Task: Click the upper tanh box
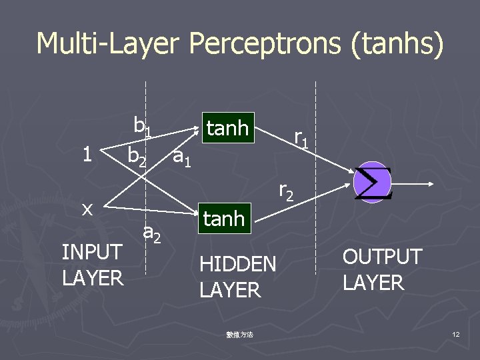pyautogui.click(x=227, y=128)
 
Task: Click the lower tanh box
pyautogui.click(x=224, y=218)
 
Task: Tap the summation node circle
pyautogui.click(x=371, y=182)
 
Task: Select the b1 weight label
pyautogui.click(x=142, y=126)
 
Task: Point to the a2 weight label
pyautogui.click(x=153, y=233)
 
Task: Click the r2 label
pyautogui.click(x=286, y=191)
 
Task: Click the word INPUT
pyautogui.click(x=92, y=252)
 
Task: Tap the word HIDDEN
pyautogui.click(x=237, y=264)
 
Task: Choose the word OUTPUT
pyautogui.click(x=382, y=257)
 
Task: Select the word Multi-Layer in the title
pyautogui.click(x=107, y=44)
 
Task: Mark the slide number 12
pyautogui.click(x=455, y=333)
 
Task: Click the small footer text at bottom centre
pyautogui.click(x=239, y=334)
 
